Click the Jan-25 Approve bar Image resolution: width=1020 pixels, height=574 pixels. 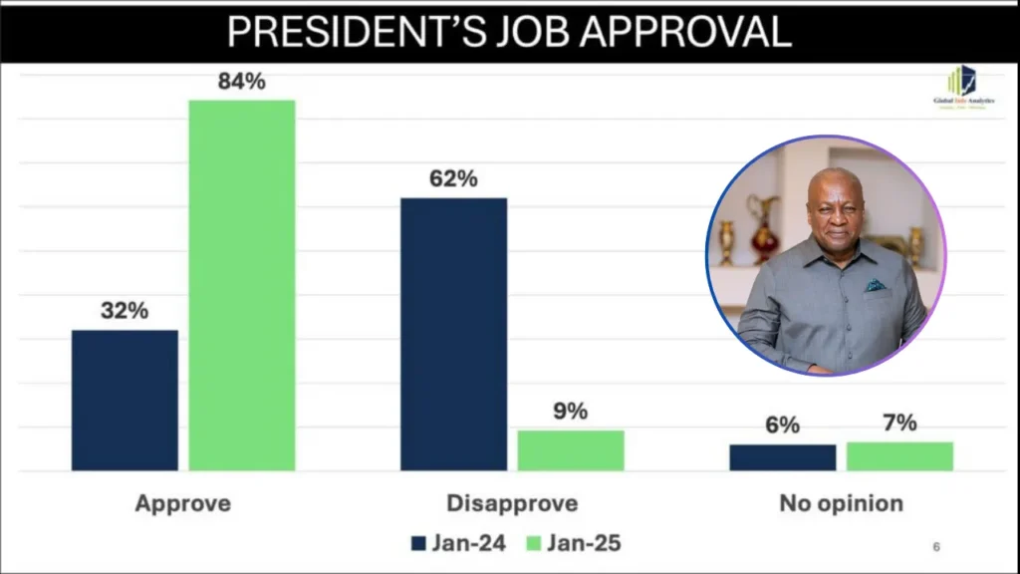[242, 285]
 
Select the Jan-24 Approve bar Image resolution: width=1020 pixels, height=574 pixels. [125, 400]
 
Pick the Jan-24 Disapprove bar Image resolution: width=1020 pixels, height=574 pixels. [453, 334]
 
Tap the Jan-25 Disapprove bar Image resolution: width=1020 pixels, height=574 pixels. [570, 450]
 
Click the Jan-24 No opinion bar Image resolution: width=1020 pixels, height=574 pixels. [782, 457]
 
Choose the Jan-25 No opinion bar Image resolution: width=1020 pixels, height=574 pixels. [899, 455]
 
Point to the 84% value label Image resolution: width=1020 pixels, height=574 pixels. [242, 82]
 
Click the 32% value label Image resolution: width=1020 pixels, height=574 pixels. [125, 310]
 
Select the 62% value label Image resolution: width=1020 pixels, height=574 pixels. [453, 179]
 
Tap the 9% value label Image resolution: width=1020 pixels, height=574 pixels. [571, 411]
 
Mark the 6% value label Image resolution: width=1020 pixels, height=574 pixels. [783, 425]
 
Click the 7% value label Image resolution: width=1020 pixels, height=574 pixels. [899, 423]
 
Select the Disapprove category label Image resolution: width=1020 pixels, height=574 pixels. [512, 503]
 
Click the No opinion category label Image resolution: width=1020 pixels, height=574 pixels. [841, 503]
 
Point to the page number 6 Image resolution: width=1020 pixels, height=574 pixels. [935, 546]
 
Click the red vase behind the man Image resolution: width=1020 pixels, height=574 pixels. [765, 228]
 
